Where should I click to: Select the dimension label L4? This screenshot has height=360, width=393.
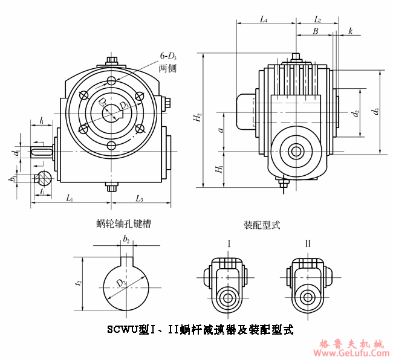[264, 19]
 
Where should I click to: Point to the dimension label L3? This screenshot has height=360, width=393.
[140, 199]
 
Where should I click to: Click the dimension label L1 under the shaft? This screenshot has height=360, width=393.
[70, 199]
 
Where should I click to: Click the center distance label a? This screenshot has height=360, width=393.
[221, 129]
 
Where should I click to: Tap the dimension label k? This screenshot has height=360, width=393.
[350, 31]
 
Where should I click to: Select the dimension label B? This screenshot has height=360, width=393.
[315, 31]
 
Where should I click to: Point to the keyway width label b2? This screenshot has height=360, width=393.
[126, 240]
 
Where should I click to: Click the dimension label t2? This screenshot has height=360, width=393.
[79, 283]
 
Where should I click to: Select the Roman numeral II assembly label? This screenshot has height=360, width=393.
[308, 243]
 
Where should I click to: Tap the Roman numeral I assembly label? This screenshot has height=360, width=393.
[229, 243]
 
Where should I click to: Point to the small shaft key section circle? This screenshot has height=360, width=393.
[43, 178]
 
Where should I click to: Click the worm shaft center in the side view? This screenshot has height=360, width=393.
[296, 150]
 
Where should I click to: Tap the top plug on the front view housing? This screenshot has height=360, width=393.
[112, 61]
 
